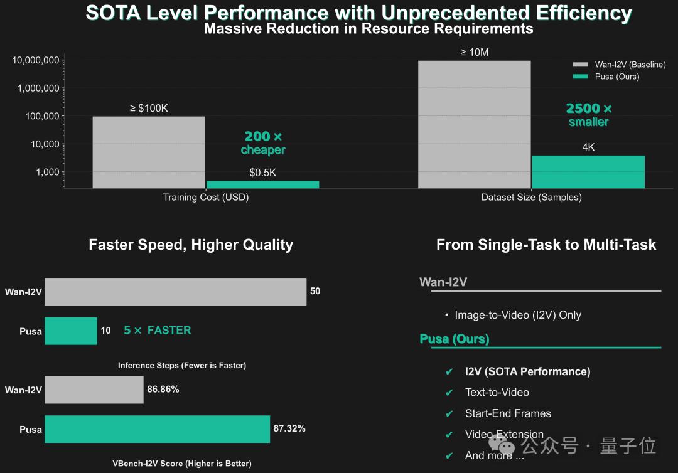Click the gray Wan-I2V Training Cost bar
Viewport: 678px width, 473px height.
[149, 152]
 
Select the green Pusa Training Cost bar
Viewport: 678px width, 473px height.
[262, 184]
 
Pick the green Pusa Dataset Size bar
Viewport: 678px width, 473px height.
[588, 171]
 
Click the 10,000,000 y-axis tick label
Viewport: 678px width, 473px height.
[36, 60]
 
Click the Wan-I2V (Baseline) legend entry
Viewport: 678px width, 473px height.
[619, 65]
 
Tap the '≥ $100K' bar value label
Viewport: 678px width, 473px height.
[149, 108]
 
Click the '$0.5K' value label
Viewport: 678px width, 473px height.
[262, 173]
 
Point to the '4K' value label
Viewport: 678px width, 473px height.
[588, 147]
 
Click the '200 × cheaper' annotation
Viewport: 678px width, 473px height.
[263, 143]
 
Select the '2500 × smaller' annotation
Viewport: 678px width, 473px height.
[589, 115]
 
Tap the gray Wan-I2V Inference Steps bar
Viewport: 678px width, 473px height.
[175, 292]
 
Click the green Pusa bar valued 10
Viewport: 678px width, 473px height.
[71, 331]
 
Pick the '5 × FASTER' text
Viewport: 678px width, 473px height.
[158, 331]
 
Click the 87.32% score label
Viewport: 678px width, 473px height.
[289, 429]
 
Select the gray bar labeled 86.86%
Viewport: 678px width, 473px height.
[94, 390]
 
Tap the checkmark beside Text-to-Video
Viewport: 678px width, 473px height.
[449, 393]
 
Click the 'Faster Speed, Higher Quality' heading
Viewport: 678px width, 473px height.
[191, 245]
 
